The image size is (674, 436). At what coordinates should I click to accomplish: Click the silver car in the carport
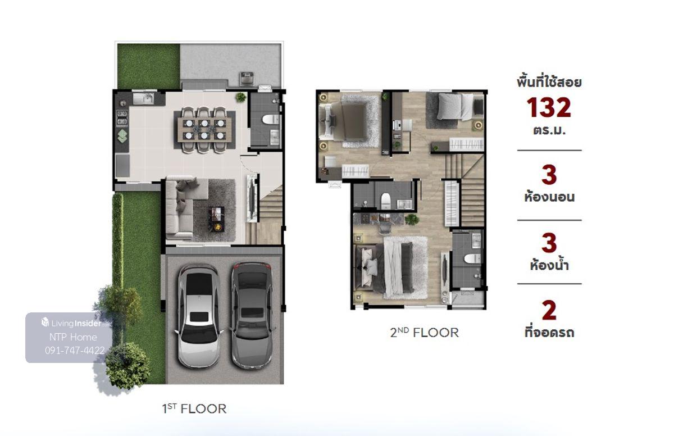point(198,316)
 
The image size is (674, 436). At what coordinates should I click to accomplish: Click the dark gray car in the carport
point(252,315)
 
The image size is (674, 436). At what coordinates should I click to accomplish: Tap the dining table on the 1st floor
point(204,130)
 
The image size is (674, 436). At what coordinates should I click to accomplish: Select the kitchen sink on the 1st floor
point(143,99)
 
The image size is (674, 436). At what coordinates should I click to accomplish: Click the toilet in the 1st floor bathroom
point(271,119)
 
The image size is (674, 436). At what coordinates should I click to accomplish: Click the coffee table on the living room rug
point(217,219)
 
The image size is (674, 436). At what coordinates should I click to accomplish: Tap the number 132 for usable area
point(549,108)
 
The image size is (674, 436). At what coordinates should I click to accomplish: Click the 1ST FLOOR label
point(194,409)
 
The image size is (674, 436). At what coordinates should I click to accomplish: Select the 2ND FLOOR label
point(424,333)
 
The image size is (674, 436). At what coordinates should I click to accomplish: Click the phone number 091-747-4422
point(75,351)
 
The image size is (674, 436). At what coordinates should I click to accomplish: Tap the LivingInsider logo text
point(76,324)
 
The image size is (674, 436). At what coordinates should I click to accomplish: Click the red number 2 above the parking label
point(549,310)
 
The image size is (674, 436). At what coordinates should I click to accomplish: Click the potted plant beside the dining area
point(241,97)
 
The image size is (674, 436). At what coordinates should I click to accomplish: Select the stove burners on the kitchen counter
point(122,117)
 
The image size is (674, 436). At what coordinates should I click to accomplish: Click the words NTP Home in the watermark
point(73,337)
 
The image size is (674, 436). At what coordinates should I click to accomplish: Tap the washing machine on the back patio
point(247,79)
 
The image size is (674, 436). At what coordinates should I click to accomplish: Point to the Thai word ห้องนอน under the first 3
point(549,197)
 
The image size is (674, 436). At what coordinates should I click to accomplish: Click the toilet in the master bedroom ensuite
point(473,258)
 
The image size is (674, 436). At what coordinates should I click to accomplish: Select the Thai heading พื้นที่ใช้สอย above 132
point(549,82)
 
